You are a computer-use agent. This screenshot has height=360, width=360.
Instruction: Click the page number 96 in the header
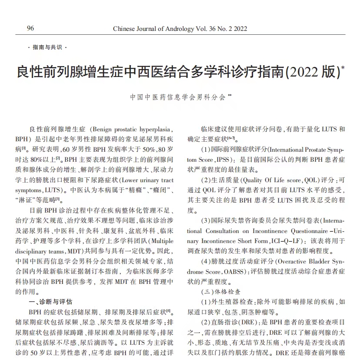[x=30, y=29]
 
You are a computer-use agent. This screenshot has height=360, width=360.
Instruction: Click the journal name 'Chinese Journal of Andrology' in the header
[x=154, y=29]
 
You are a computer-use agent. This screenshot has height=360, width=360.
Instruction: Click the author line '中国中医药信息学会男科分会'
[x=178, y=97]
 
